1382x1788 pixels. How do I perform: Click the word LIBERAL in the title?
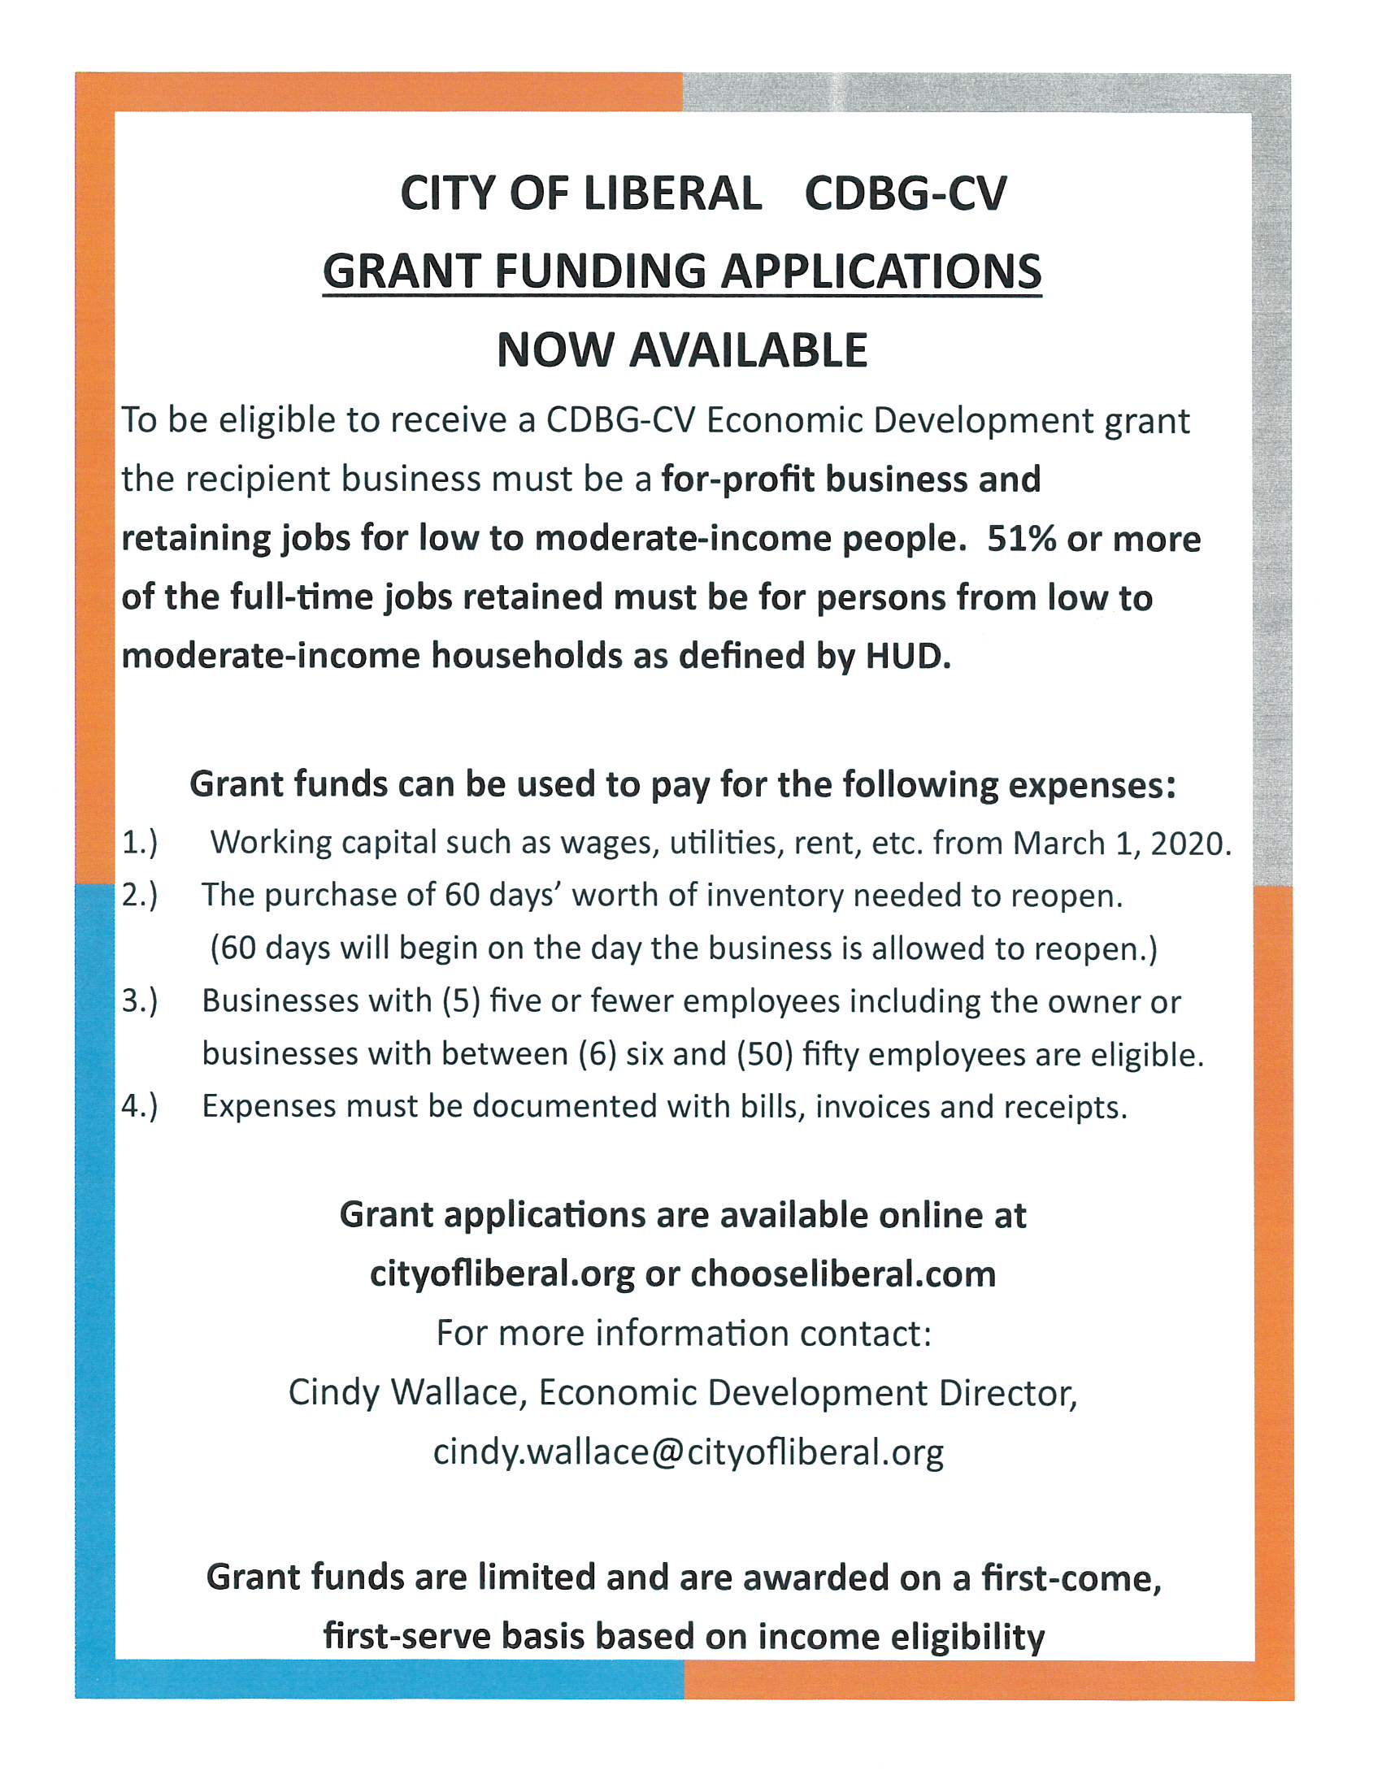pos(666,195)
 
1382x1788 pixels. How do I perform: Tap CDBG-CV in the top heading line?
pos(906,195)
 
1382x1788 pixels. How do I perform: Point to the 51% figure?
pos(1021,539)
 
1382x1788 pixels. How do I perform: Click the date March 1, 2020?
pos(1122,844)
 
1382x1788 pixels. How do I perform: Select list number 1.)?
pos(139,844)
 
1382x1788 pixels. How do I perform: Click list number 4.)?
pos(139,1107)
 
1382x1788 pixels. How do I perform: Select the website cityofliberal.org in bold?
pos(502,1274)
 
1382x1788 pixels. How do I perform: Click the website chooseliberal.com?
pos(842,1274)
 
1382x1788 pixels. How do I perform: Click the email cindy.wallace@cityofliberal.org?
pos(688,1452)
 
